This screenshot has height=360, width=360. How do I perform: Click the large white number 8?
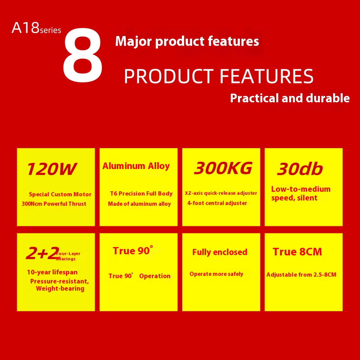click(83, 55)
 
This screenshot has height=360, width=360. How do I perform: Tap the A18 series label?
click(36, 28)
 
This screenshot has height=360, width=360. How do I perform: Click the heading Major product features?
click(187, 41)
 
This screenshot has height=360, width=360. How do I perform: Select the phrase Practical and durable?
click(290, 98)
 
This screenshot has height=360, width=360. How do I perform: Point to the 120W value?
click(51, 169)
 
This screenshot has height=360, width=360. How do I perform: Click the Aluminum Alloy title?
click(136, 166)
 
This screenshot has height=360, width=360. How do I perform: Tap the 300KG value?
click(223, 168)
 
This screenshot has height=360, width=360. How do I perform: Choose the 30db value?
click(300, 169)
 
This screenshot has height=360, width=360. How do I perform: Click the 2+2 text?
click(42, 253)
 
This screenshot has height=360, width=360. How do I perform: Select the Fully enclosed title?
click(220, 252)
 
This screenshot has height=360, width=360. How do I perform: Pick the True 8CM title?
click(297, 252)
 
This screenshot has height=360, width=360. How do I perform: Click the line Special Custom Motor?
click(60, 194)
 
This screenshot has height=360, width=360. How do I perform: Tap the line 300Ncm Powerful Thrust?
click(54, 203)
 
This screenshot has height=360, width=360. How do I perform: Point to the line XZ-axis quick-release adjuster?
click(221, 193)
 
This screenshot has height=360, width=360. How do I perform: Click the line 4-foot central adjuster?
click(217, 203)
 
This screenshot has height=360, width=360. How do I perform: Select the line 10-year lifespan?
click(52, 272)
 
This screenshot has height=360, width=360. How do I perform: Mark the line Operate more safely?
click(216, 274)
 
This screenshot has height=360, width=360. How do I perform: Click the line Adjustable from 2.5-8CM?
click(301, 275)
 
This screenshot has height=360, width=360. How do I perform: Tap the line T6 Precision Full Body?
click(141, 194)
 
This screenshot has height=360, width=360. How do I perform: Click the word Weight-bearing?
click(60, 288)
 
